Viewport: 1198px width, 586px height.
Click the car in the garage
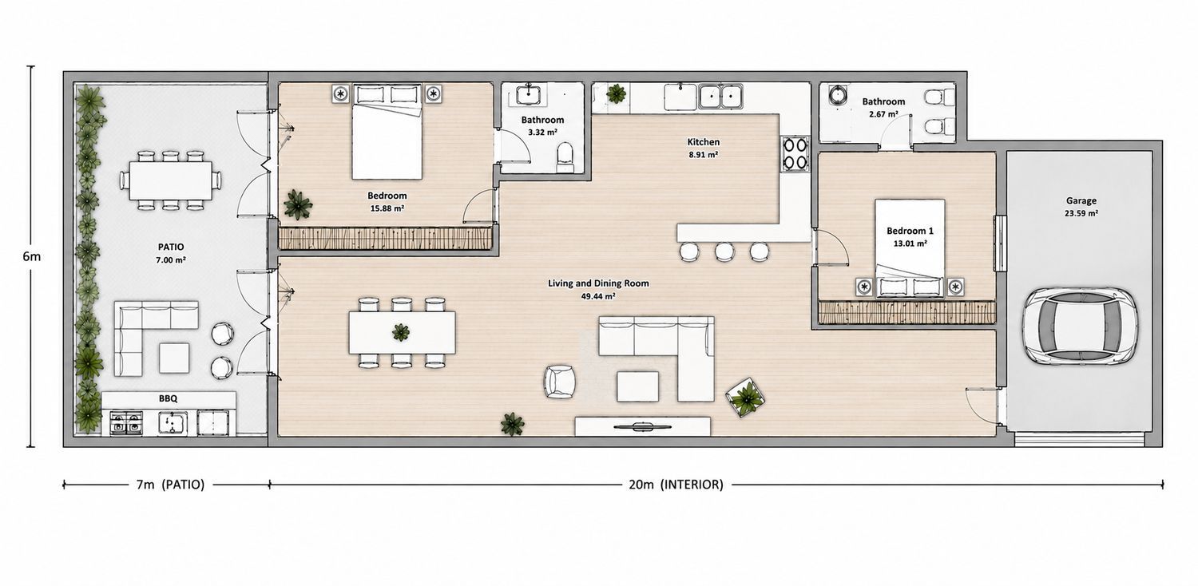click(1080, 327)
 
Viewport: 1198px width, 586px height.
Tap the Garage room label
click(1081, 201)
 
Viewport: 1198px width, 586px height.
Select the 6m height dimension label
click(32, 256)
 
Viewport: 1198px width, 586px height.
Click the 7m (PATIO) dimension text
click(171, 485)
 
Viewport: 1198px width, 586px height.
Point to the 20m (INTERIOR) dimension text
click(676, 485)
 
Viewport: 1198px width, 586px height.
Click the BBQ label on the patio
click(168, 399)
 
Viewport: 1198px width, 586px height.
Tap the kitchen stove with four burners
click(795, 154)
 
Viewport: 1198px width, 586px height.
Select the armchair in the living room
click(559, 382)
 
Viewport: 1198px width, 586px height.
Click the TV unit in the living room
click(642, 426)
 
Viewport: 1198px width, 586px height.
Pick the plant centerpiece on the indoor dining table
click(401, 332)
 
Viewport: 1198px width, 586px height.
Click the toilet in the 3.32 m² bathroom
click(565, 157)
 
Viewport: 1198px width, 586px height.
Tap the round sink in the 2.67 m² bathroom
click(836, 96)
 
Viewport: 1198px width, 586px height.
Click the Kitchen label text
click(704, 142)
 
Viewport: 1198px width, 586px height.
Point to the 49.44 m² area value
click(598, 296)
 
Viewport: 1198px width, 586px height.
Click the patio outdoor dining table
click(171, 180)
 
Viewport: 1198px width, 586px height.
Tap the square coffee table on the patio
click(174, 358)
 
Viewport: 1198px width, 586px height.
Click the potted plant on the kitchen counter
click(616, 94)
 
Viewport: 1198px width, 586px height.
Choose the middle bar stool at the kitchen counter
click(724, 251)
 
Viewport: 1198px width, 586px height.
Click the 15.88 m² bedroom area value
click(387, 208)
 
